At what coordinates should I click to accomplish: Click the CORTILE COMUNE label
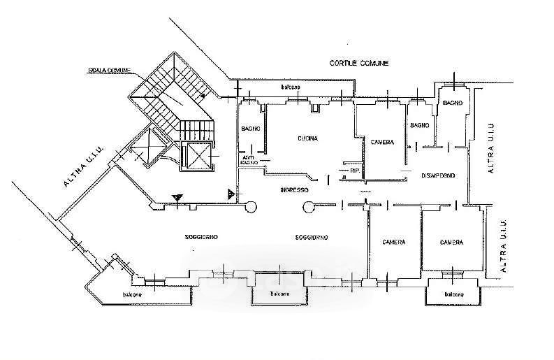(x=358, y=64)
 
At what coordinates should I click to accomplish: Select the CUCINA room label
(x=307, y=138)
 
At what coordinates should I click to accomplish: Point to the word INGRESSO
(x=294, y=189)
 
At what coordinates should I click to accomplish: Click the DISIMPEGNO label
(x=439, y=175)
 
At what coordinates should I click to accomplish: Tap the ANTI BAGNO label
(x=249, y=159)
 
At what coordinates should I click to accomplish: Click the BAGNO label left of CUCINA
(x=251, y=129)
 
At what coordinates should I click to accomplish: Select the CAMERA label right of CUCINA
(x=382, y=143)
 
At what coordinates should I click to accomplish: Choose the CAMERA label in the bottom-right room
(x=451, y=243)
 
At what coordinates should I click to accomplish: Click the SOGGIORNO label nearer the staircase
(x=202, y=238)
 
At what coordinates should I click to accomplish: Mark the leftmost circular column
(x=252, y=206)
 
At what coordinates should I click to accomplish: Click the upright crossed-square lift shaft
(x=196, y=156)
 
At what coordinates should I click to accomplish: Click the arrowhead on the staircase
(x=204, y=96)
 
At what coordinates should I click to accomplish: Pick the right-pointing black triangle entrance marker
(x=231, y=192)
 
